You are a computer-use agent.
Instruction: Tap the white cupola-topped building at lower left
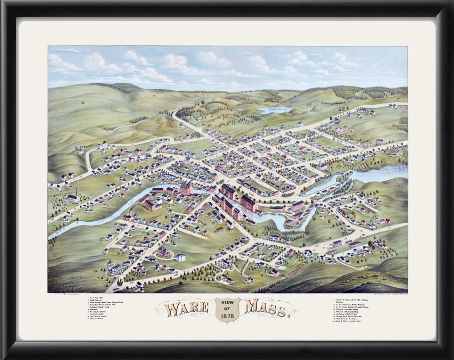181,257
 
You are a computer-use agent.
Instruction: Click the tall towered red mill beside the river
186,189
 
